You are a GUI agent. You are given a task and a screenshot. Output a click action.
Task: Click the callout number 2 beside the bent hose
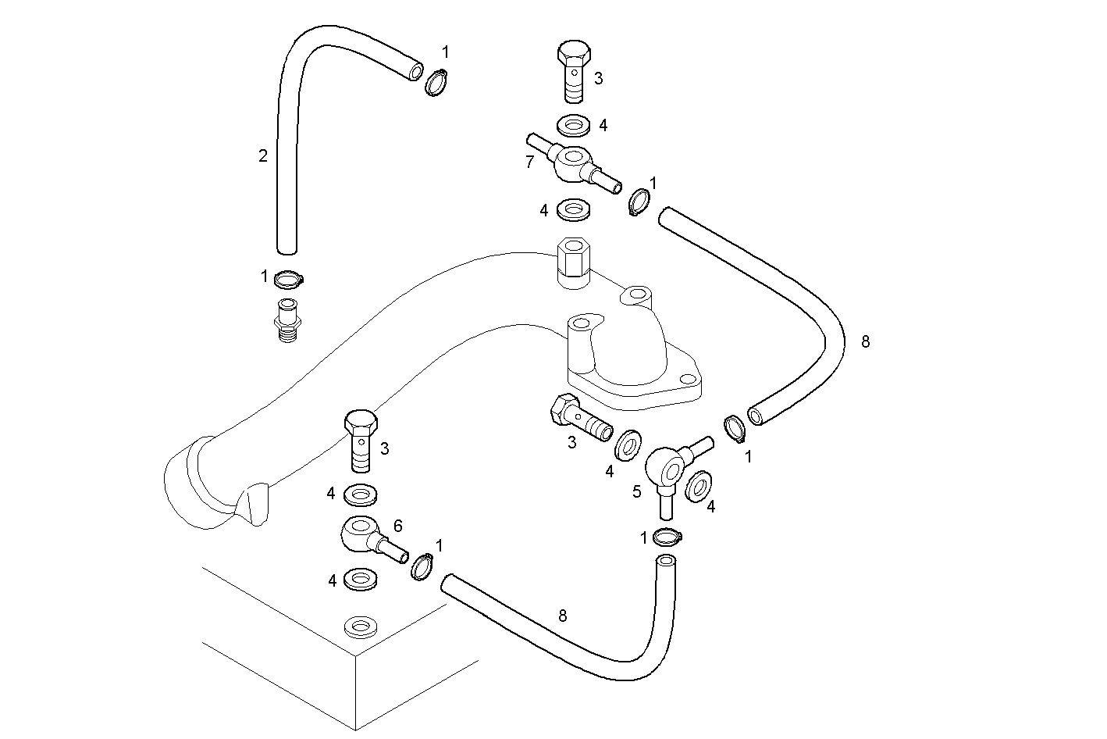[x=263, y=155]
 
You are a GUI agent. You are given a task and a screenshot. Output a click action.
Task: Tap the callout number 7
[x=530, y=162]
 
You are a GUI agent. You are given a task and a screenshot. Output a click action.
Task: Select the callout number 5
[x=637, y=491]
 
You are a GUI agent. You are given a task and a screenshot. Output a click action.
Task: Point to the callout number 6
[x=397, y=527]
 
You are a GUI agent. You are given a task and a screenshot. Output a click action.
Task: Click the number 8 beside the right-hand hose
[x=865, y=341]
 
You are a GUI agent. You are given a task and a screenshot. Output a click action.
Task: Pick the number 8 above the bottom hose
[x=563, y=615]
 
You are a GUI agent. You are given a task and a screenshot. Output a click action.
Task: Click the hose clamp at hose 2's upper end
[x=437, y=81]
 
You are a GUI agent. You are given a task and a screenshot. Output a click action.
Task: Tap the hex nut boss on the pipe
[x=574, y=264]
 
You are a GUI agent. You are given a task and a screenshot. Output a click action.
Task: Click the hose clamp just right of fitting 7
[x=639, y=202]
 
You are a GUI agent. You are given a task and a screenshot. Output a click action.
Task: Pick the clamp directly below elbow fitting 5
[x=666, y=536]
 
